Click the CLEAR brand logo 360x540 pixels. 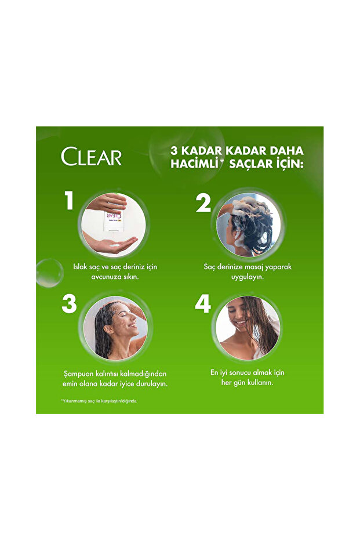[92, 157]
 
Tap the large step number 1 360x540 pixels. [70, 201]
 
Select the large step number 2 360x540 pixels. [203, 203]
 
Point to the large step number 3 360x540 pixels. [69, 304]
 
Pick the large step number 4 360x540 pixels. [202, 304]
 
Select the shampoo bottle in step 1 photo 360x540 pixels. [112, 218]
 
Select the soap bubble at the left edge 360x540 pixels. [49, 273]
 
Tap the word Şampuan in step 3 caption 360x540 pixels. [79, 374]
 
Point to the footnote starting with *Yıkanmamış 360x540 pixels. [99, 401]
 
